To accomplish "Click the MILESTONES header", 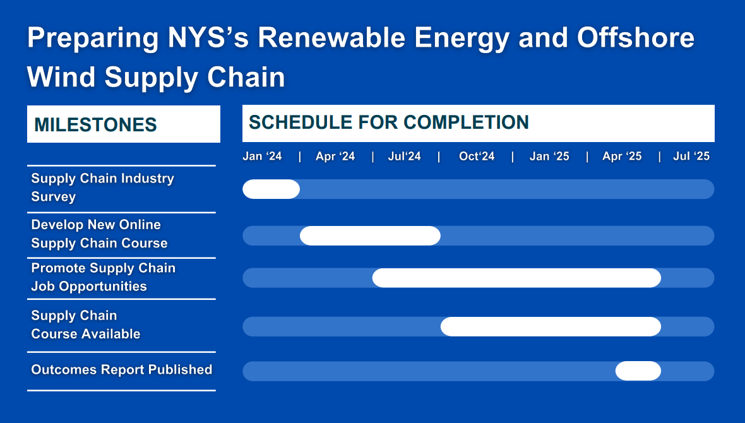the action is click(95, 125).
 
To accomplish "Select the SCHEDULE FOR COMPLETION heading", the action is click(389, 122).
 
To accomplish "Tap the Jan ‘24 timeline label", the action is click(262, 157).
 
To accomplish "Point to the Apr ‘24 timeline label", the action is click(335, 157).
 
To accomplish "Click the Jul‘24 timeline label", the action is click(404, 157).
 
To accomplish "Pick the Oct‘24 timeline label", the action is click(477, 157).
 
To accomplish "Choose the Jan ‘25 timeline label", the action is click(549, 157).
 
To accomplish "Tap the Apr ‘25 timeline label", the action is click(622, 157).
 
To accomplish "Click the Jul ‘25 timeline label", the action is click(691, 157).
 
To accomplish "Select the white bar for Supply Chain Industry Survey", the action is click(271, 189).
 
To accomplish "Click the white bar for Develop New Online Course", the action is click(370, 235).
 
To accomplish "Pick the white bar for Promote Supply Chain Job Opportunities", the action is click(516, 278).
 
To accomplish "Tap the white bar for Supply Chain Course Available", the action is click(551, 326).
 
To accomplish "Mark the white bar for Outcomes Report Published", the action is click(638, 371).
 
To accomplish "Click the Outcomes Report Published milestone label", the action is click(122, 370).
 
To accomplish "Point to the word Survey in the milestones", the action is click(53, 197).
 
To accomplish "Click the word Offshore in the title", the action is click(636, 37).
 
